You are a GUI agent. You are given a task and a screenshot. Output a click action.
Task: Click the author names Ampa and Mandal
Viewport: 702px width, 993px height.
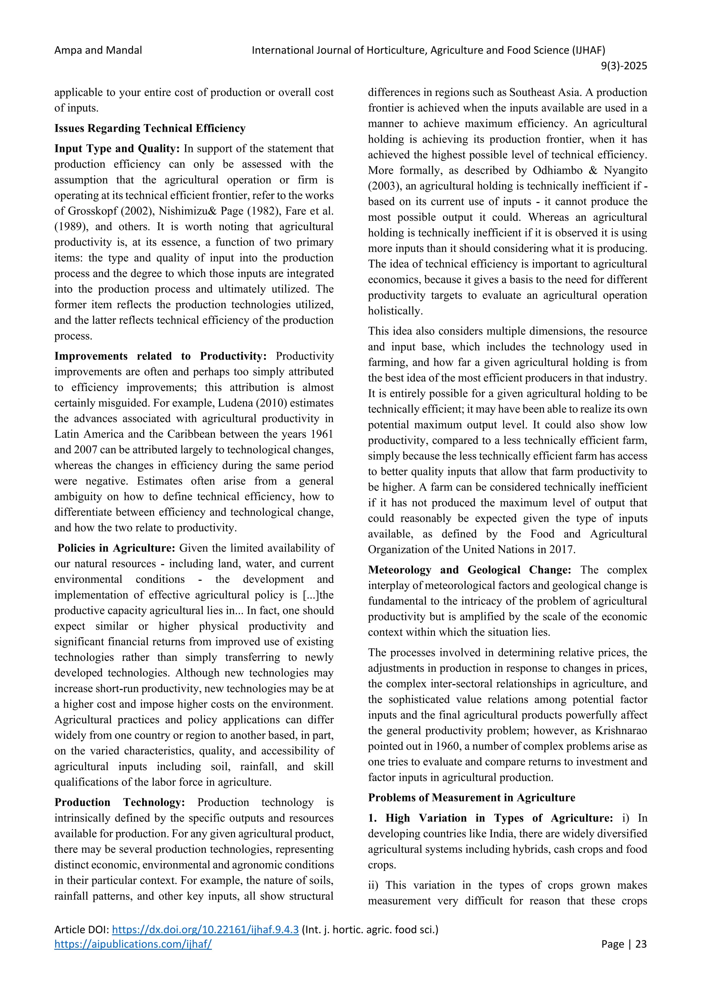[98, 50]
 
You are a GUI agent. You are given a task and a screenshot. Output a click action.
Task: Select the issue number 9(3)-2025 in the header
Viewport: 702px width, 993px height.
[624, 66]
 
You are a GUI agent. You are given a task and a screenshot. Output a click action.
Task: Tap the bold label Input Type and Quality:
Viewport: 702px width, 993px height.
[117, 148]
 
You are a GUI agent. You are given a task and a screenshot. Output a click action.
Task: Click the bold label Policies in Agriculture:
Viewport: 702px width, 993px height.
[116, 548]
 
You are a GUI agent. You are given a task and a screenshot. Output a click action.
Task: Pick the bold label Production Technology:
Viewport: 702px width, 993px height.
[120, 802]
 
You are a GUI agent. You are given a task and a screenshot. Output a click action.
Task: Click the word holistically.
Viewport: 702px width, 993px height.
[395, 311]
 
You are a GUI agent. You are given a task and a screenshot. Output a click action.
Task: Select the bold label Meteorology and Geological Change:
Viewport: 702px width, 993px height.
[470, 570]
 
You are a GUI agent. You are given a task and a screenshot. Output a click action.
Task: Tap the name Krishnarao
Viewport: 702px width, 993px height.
[621, 731]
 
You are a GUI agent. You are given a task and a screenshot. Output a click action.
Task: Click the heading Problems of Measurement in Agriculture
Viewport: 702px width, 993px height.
[472, 798]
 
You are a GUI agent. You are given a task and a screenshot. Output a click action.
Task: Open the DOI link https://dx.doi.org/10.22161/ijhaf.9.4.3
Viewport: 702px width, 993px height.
[205, 930]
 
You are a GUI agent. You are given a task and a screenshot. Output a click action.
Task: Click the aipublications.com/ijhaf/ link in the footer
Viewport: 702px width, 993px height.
[133, 944]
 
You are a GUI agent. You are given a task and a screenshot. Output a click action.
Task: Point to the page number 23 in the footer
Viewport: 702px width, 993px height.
[641, 944]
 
